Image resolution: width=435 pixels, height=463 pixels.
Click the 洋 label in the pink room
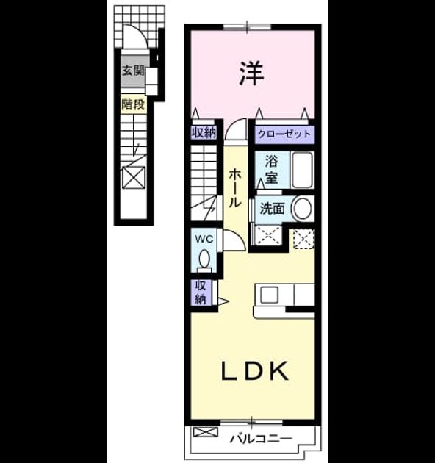click(x=251, y=73)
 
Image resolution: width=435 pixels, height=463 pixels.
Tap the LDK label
click(x=255, y=371)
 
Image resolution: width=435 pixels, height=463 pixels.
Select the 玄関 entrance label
click(x=134, y=71)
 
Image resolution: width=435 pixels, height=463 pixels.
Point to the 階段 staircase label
click(x=134, y=104)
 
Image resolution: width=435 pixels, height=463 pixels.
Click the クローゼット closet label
click(x=284, y=134)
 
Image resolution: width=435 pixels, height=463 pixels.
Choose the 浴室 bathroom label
click(x=271, y=170)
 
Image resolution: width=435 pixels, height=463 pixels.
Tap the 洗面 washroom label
click(x=272, y=209)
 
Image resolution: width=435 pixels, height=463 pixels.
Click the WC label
click(x=204, y=239)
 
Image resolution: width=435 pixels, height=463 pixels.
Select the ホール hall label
click(x=235, y=188)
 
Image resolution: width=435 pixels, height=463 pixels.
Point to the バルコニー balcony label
click(x=261, y=439)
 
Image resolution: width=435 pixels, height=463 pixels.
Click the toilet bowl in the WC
click(x=204, y=260)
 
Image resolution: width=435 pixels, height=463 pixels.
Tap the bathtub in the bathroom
click(x=303, y=170)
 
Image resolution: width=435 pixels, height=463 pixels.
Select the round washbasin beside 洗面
click(x=302, y=208)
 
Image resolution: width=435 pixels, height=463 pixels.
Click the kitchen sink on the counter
click(x=269, y=295)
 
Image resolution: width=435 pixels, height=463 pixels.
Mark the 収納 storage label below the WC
click(x=201, y=292)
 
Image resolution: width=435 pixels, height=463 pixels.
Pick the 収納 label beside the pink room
click(x=204, y=132)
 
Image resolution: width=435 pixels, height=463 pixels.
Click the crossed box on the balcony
click(x=206, y=432)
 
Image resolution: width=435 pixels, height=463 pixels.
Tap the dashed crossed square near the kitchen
click(x=304, y=239)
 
